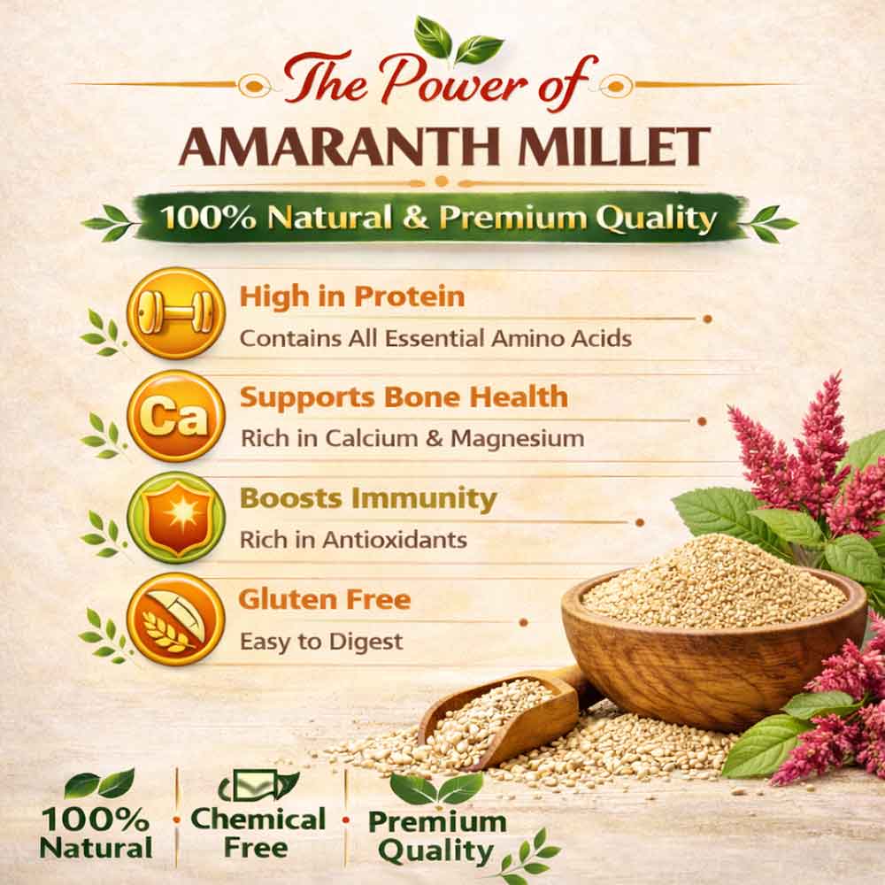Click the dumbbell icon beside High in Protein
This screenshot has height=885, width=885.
pos(175,313)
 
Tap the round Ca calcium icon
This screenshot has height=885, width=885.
pos(175,417)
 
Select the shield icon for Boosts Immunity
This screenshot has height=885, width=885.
pos(175,518)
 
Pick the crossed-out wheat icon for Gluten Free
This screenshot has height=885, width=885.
pos(175,619)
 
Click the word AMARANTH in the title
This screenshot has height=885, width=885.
pos(344,146)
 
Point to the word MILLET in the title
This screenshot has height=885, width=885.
pos(615,146)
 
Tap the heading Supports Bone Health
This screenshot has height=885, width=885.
pos(404,396)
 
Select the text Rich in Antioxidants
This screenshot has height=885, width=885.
pos(353,540)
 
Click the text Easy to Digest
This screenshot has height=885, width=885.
pos(321,641)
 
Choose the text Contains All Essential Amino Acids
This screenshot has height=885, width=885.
pos(435,339)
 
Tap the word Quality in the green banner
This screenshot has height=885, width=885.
pos(657,219)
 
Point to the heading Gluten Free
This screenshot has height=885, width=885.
pos(325,599)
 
